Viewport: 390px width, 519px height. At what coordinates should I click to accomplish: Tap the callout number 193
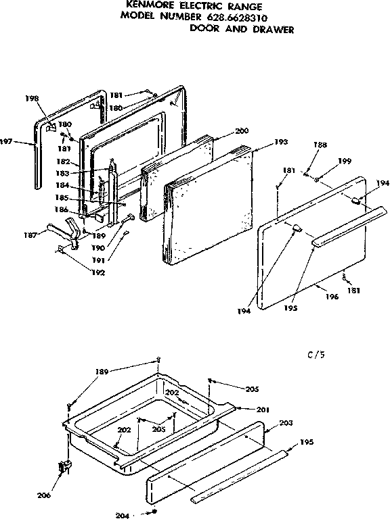281,142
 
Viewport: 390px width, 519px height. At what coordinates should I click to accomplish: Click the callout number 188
320,145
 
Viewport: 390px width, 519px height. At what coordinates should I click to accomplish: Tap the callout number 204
123,512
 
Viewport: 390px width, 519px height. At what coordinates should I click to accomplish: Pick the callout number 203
286,423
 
